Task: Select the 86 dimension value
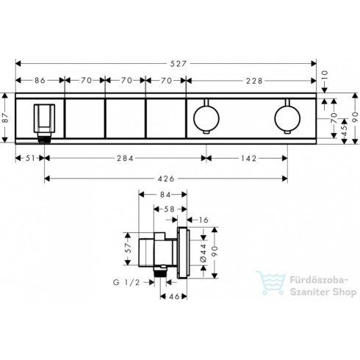[x=41, y=81]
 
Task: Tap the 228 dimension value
[x=253, y=81]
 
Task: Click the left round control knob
[x=205, y=117]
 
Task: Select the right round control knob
[x=287, y=117]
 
